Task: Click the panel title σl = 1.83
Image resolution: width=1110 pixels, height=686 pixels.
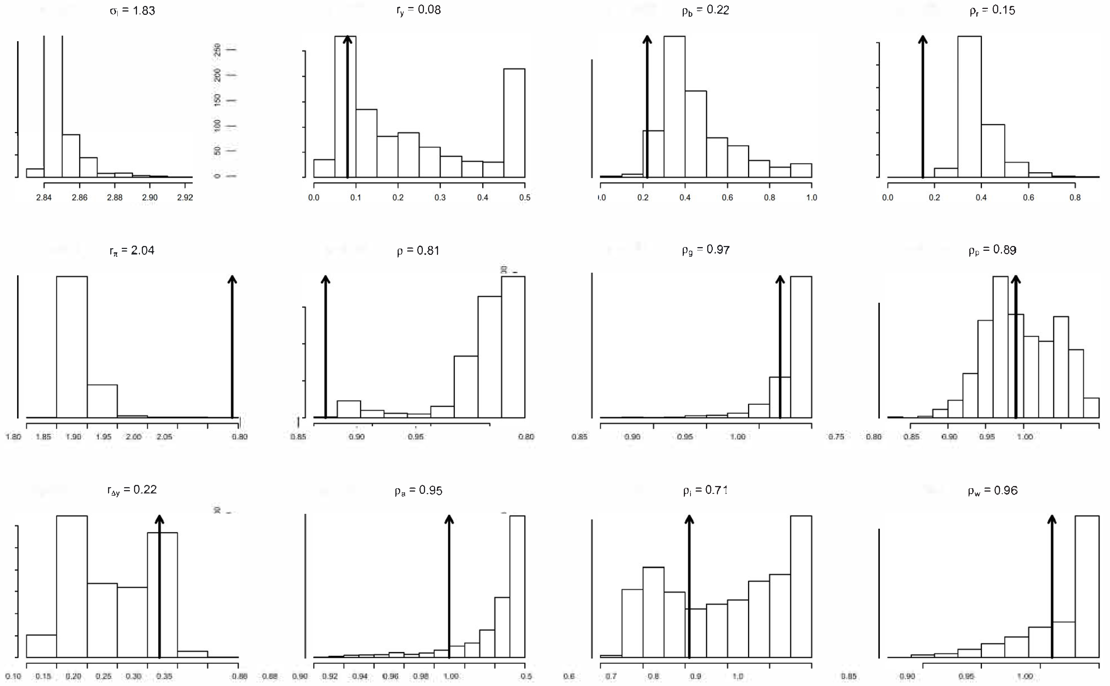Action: pos(132,11)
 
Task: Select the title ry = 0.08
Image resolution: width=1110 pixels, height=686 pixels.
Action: pos(418,10)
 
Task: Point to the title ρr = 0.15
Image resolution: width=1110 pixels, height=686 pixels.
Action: pos(992,10)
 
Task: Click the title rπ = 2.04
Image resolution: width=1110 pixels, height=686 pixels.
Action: pos(132,250)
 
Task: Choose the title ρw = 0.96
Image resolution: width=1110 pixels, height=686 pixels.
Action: pos(992,490)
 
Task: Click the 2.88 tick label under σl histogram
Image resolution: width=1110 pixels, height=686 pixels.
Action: pos(114,197)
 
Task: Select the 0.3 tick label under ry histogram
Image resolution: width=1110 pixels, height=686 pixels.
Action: pos(440,197)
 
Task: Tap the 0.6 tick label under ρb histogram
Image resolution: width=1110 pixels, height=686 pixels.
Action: pos(727,197)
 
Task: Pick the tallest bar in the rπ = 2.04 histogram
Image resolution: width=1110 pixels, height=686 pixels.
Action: pos(72,347)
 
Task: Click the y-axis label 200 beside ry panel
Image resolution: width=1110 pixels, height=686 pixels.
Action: pos(218,75)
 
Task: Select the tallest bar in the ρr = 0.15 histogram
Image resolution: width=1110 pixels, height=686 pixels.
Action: pos(969,106)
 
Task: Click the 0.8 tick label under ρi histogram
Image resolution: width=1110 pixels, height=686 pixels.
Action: pos(653,676)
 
